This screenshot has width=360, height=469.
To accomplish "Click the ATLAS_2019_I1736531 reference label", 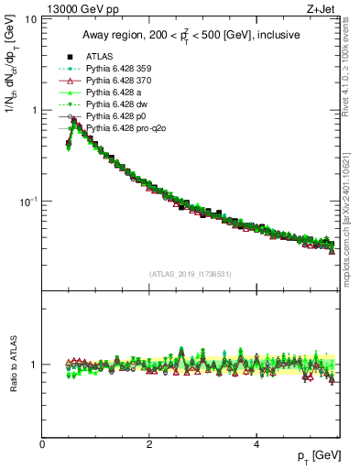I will (x=190, y=274).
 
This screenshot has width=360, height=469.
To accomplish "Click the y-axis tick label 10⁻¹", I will (x=27, y=201).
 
